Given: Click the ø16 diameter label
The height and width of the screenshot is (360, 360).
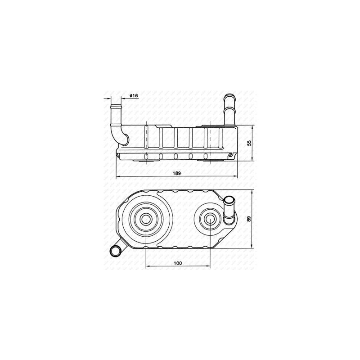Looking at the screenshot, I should coord(133,96).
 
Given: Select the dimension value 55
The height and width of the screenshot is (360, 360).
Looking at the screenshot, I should coord(248,142).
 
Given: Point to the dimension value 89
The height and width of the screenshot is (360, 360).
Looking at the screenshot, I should coord(248,219).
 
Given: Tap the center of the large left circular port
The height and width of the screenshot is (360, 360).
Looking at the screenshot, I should coord(147,219).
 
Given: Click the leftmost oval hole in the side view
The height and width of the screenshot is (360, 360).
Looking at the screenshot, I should coord(146,156).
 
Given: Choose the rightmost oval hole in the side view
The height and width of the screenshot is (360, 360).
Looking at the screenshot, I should coord(206,156).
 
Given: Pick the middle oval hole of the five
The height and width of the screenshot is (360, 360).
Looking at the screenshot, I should coord(175,156).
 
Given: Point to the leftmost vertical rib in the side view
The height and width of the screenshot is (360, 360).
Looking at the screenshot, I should coord(146,137).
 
